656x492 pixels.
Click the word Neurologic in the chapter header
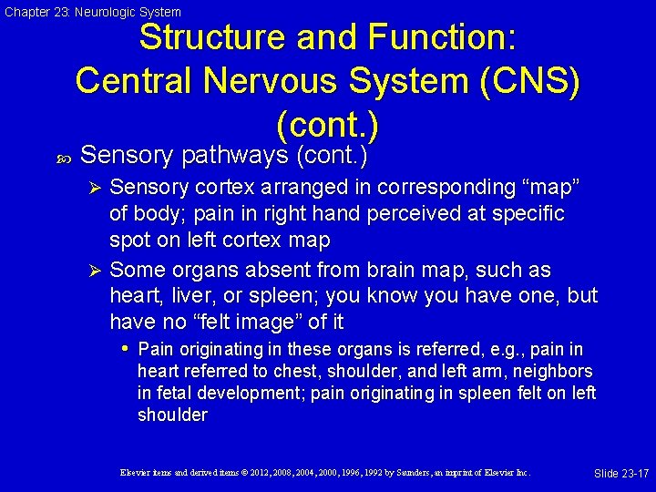pos(90,12)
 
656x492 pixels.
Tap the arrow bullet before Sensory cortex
pos(95,188)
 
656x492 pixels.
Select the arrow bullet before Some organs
pos(95,271)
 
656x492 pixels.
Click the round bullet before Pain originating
pos(127,349)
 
